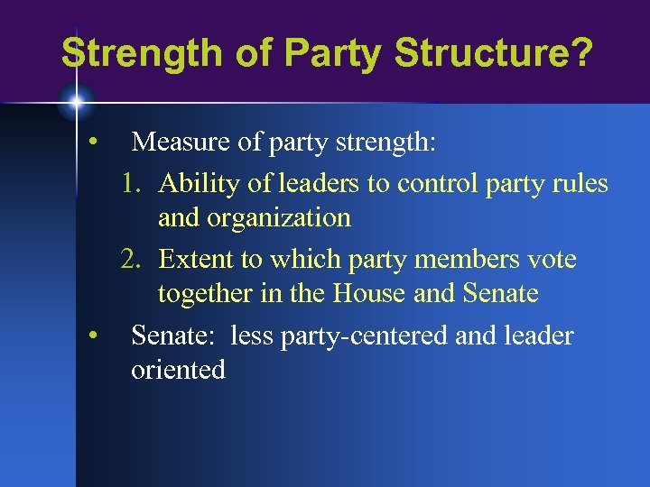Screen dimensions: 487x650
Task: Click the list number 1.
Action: click(132, 184)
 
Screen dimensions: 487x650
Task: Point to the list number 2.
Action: click(132, 260)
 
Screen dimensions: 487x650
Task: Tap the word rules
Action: click(584, 184)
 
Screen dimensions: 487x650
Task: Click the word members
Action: click(462, 260)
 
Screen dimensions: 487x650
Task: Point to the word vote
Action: click(552, 260)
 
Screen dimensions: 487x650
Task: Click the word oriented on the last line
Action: click(178, 370)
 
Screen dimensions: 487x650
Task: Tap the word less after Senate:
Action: click(253, 336)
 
